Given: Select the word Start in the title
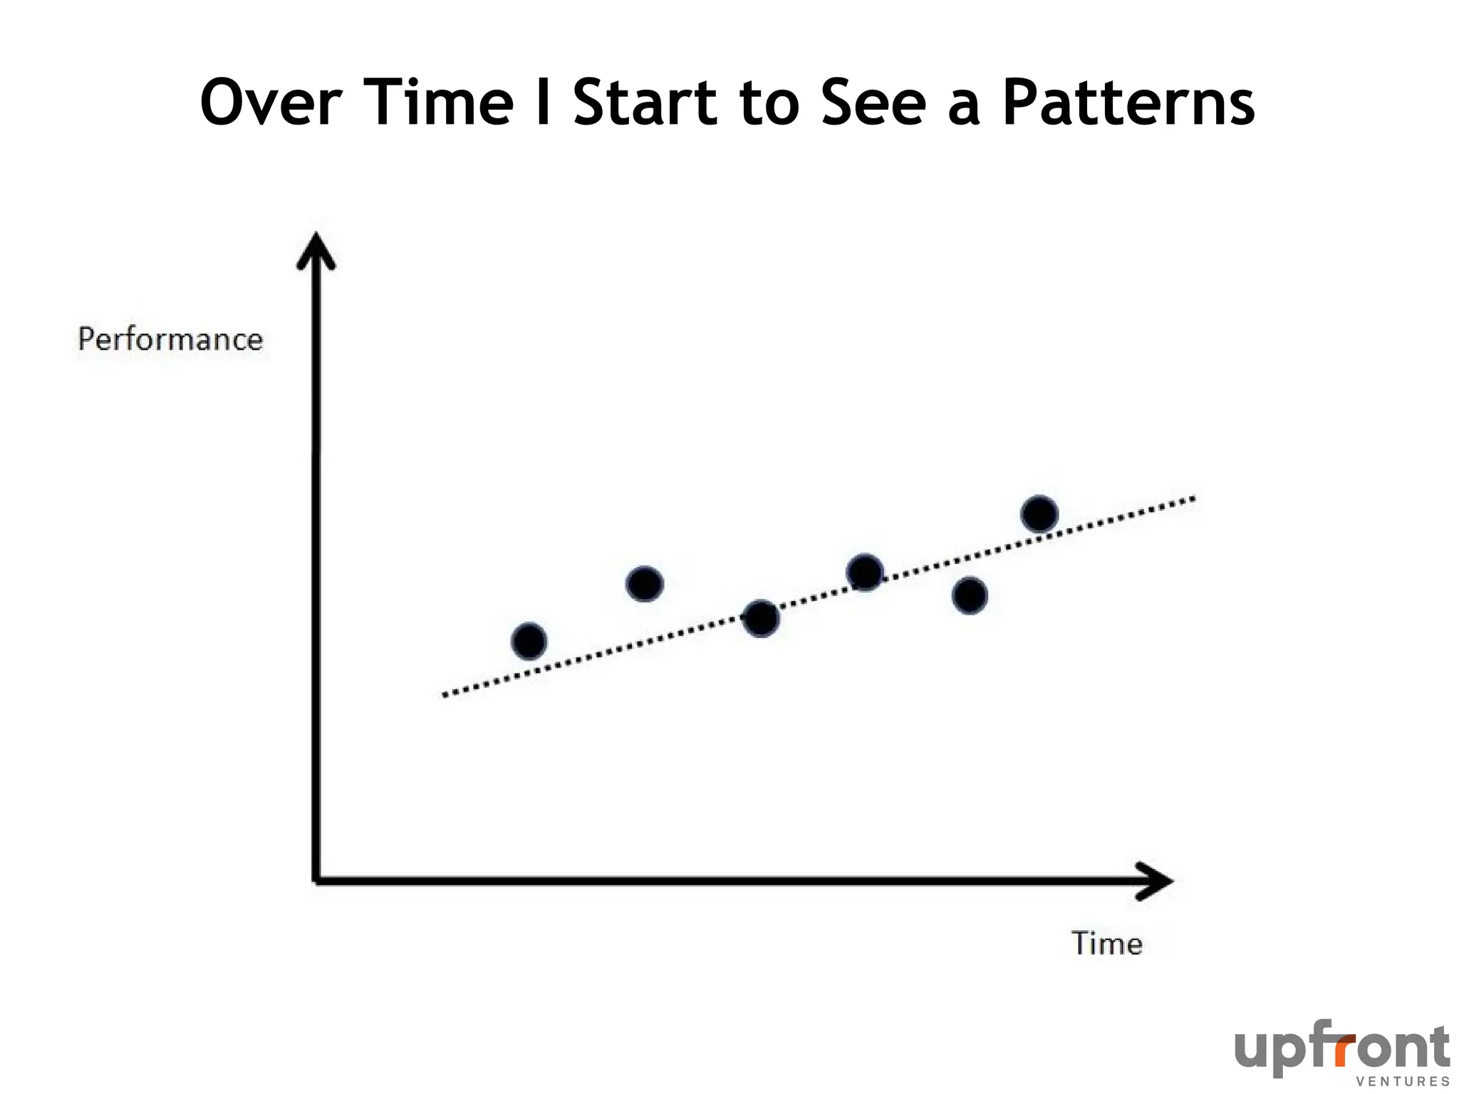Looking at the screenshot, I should [645, 103].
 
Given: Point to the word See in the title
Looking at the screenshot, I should [873, 103].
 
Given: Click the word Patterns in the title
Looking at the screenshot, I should [1128, 103].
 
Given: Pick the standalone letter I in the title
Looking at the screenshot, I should [543, 103].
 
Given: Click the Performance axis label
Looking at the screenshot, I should [170, 339].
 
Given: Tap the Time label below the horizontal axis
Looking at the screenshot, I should [1107, 944].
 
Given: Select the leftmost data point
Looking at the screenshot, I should [529, 641].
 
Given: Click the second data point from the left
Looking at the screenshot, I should [645, 584].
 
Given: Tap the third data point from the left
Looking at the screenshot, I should [761, 618].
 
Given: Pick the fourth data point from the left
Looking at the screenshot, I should [865, 572].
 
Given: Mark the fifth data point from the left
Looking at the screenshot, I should [970, 595].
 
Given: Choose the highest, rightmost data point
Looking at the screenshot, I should [1039, 514].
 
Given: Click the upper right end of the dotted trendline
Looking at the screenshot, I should [1193, 499].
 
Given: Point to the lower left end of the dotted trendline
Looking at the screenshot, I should [446, 694].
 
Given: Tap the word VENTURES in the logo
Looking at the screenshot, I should [1403, 1081].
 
